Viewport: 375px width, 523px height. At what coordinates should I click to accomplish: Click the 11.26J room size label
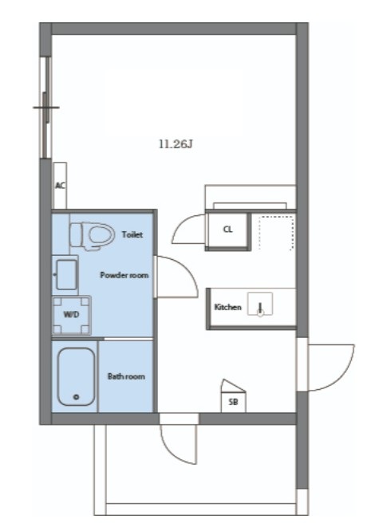pyautogui.click(x=176, y=144)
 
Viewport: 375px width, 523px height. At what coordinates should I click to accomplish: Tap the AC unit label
pyautogui.click(x=60, y=186)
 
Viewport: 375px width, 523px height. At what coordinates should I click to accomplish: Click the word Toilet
pyautogui.click(x=132, y=234)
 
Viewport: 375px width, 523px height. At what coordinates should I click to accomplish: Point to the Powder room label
pyautogui.click(x=124, y=275)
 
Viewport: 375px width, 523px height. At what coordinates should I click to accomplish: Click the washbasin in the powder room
pyautogui.click(x=66, y=275)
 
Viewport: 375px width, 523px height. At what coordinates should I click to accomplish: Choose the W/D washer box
pyautogui.click(x=72, y=315)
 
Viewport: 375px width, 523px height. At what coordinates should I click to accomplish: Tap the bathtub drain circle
pyautogui.click(x=77, y=397)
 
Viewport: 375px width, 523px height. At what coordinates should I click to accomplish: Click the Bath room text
pyautogui.click(x=126, y=376)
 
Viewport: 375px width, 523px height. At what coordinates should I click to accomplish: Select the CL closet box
pyautogui.click(x=227, y=230)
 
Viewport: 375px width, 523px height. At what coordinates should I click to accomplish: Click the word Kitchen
pyautogui.click(x=227, y=307)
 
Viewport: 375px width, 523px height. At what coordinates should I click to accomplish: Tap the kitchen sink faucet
pyautogui.click(x=260, y=309)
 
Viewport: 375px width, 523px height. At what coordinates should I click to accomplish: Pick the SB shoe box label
pyautogui.click(x=234, y=402)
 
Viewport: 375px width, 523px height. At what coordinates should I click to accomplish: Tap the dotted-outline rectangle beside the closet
pyautogui.click(x=277, y=233)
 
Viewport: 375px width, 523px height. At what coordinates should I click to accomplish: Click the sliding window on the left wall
pyautogui.click(x=46, y=108)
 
